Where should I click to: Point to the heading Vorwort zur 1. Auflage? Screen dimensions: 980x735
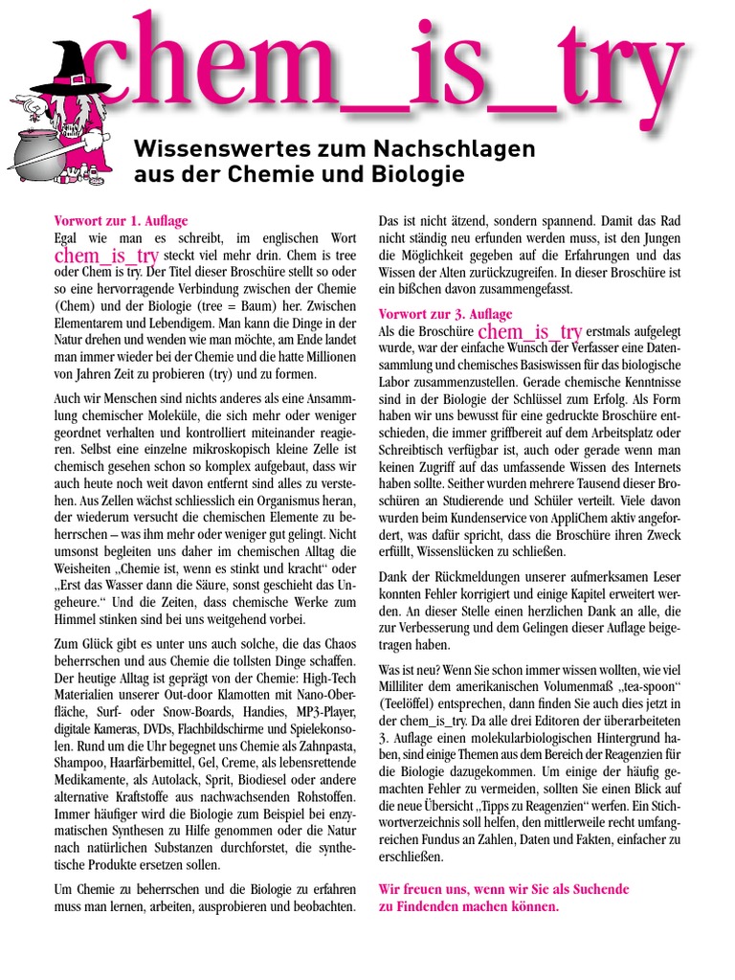coord(122,221)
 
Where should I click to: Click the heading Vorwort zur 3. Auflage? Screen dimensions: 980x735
coord(446,314)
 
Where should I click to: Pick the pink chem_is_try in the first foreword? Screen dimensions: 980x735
coord(106,256)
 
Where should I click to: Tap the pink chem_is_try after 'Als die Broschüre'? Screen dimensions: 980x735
coord(529,332)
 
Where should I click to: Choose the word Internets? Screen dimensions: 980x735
coord(650,466)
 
